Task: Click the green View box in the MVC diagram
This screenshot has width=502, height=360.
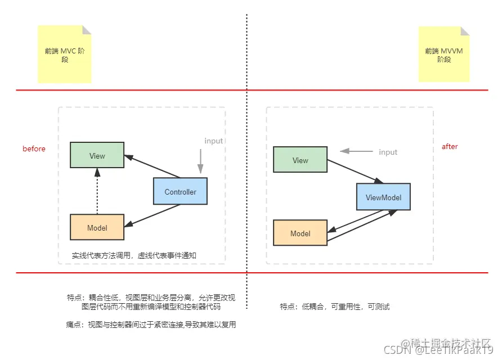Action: click(x=97, y=155)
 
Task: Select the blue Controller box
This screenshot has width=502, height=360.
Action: click(x=180, y=191)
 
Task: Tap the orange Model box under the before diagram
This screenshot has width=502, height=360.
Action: click(x=97, y=227)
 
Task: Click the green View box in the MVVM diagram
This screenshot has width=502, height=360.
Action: click(x=300, y=160)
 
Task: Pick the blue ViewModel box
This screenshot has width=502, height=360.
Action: click(x=383, y=197)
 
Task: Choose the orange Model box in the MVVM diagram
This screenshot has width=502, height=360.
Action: click(x=300, y=233)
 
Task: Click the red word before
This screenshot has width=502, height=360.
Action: click(x=34, y=148)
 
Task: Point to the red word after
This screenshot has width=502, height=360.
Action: click(x=450, y=146)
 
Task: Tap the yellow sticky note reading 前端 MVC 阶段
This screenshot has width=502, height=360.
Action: click(x=65, y=55)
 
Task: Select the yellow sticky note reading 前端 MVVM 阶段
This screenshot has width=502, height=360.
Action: click(x=444, y=55)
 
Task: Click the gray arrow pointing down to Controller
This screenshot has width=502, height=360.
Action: click(x=200, y=160)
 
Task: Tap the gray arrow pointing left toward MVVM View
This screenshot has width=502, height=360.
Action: click(x=356, y=151)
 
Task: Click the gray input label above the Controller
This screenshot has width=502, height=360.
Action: click(x=213, y=141)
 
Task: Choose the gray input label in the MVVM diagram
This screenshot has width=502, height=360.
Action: click(x=388, y=152)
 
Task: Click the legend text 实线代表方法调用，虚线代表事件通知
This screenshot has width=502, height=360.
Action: click(x=133, y=255)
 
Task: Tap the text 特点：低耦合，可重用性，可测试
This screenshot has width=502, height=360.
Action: click(x=335, y=307)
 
